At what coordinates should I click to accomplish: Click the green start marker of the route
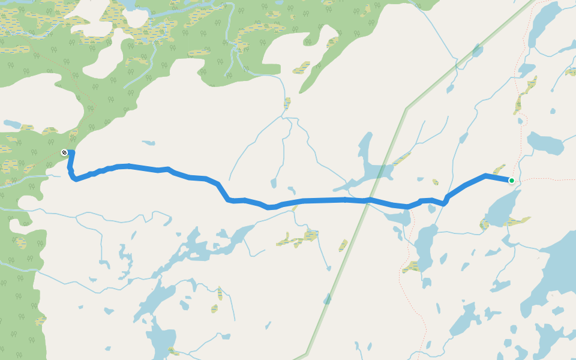click(512, 180)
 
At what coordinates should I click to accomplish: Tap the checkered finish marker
click(64, 152)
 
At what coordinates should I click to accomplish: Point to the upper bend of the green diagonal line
click(406, 109)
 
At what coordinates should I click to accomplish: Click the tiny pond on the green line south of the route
click(327, 298)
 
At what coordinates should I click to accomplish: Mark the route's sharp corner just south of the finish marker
click(74, 178)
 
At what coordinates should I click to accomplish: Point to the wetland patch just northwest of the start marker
click(499, 170)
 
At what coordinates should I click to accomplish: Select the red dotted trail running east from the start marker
click(546, 179)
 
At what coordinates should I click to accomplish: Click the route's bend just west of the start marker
click(485, 175)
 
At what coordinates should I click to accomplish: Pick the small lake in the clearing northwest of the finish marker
click(12, 124)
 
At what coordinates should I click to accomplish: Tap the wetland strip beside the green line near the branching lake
click(400, 159)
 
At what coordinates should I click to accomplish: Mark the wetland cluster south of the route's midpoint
click(298, 239)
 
